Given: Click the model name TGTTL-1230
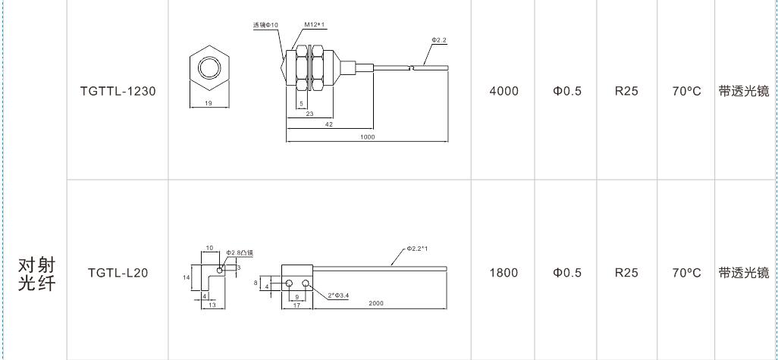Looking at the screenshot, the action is (x=118, y=91).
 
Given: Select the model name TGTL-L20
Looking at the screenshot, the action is (x=118, y=273).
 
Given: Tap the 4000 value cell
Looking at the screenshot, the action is (x=504, y=91).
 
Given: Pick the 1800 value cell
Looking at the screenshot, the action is (x=504, y=273).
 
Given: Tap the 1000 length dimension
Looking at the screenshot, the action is (x=368, y=137).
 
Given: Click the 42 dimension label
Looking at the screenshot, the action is (x=328, y=124).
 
